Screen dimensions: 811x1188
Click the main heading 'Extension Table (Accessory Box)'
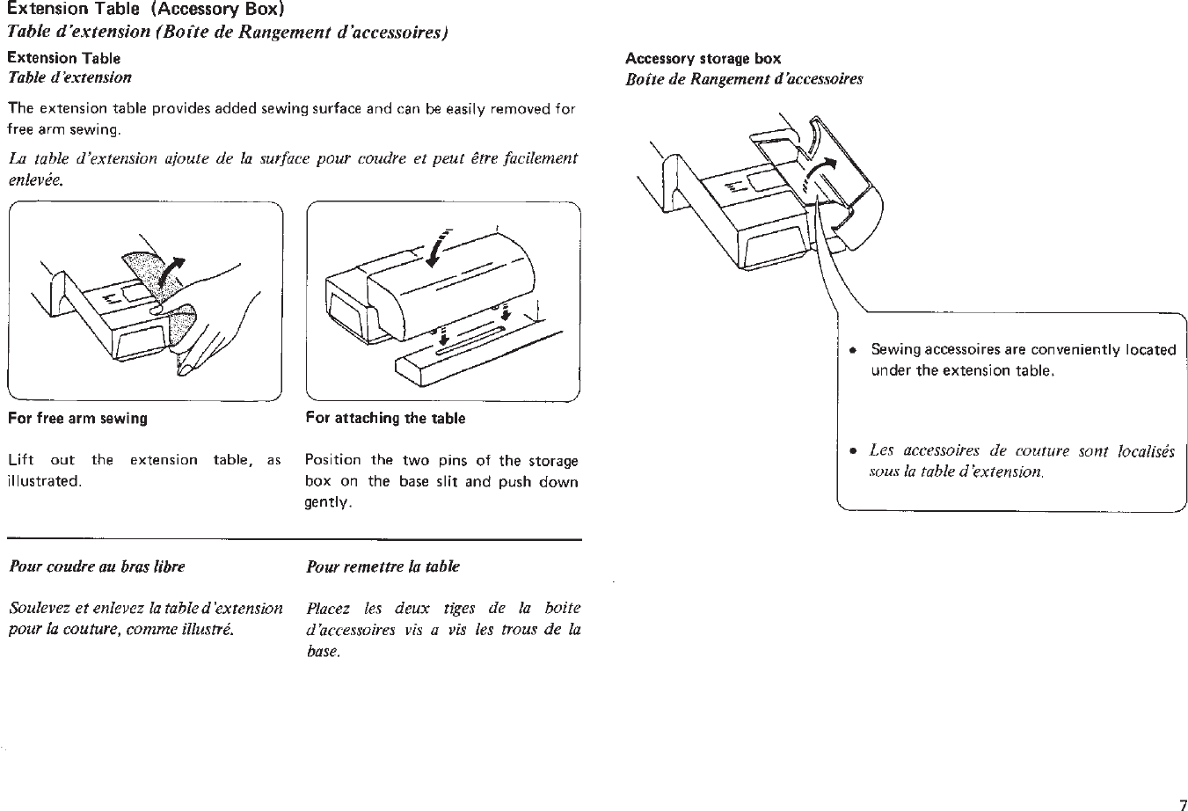pos(147,11)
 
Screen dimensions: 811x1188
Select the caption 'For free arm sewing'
pos(77,419)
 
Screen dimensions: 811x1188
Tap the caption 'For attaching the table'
pos(385,419)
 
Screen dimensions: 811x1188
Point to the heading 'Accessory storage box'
pos(703,59)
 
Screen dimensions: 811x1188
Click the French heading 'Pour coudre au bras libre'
pos(97,566)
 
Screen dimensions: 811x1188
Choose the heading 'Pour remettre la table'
pos(383,566)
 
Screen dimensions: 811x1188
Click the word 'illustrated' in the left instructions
pos(44,482)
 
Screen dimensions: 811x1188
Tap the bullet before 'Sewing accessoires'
pos(851,350)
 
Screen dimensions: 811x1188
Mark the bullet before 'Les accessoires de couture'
pos(851,451)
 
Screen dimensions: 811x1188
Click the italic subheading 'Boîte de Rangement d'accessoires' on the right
pos(744,79)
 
